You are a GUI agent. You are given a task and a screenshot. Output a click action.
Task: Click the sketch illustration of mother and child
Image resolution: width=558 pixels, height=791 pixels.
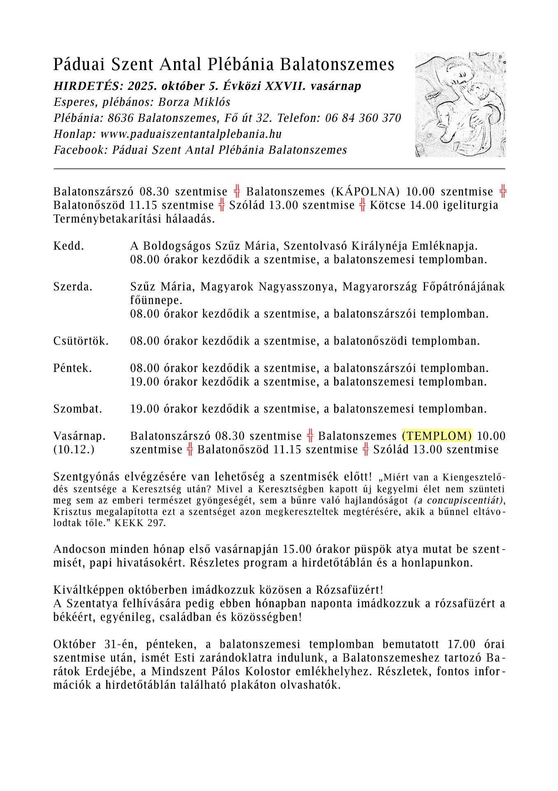click(460, 104)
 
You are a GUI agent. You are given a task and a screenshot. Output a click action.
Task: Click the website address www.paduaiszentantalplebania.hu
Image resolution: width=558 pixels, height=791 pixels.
click(191, 134)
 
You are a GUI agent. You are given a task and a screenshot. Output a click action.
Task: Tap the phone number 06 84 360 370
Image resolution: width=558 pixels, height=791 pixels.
click(363, 118)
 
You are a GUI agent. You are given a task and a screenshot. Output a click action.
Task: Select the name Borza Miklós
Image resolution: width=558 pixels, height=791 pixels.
click(194, 102)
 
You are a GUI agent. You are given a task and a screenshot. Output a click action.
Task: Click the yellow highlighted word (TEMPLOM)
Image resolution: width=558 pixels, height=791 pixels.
click(437, 436)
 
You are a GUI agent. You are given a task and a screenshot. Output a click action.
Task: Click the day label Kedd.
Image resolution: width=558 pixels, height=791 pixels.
click(68, 246)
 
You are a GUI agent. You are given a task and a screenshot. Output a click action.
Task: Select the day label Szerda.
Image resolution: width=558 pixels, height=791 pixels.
click(73, 287)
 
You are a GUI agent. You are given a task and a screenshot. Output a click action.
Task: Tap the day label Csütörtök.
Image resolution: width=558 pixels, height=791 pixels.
click(81, 341)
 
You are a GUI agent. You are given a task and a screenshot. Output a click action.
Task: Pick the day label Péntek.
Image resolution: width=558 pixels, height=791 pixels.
click(72, 368)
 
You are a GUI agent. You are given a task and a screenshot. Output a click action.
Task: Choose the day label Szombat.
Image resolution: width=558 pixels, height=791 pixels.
click(77, 409)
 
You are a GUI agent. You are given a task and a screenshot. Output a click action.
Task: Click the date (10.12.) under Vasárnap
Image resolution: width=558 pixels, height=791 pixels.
click(74, 449)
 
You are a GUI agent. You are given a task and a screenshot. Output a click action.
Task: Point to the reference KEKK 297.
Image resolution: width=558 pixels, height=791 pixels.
click(140, 523)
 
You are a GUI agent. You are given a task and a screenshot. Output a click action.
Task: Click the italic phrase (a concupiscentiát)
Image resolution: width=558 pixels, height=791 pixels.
click(459, 501)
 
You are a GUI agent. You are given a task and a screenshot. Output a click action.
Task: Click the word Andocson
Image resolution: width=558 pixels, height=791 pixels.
click(79, 550)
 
